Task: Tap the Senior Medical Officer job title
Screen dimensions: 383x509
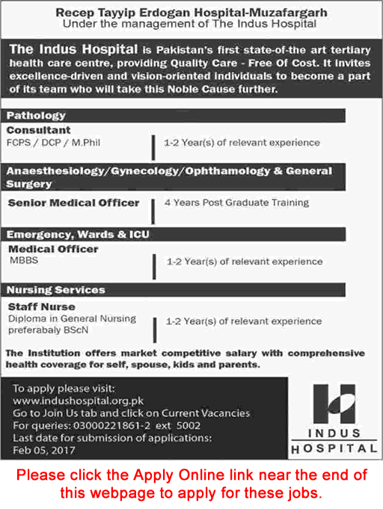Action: (73, 203)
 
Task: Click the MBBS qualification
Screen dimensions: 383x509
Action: (22, 260)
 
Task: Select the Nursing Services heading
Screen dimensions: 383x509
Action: (56, 289)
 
